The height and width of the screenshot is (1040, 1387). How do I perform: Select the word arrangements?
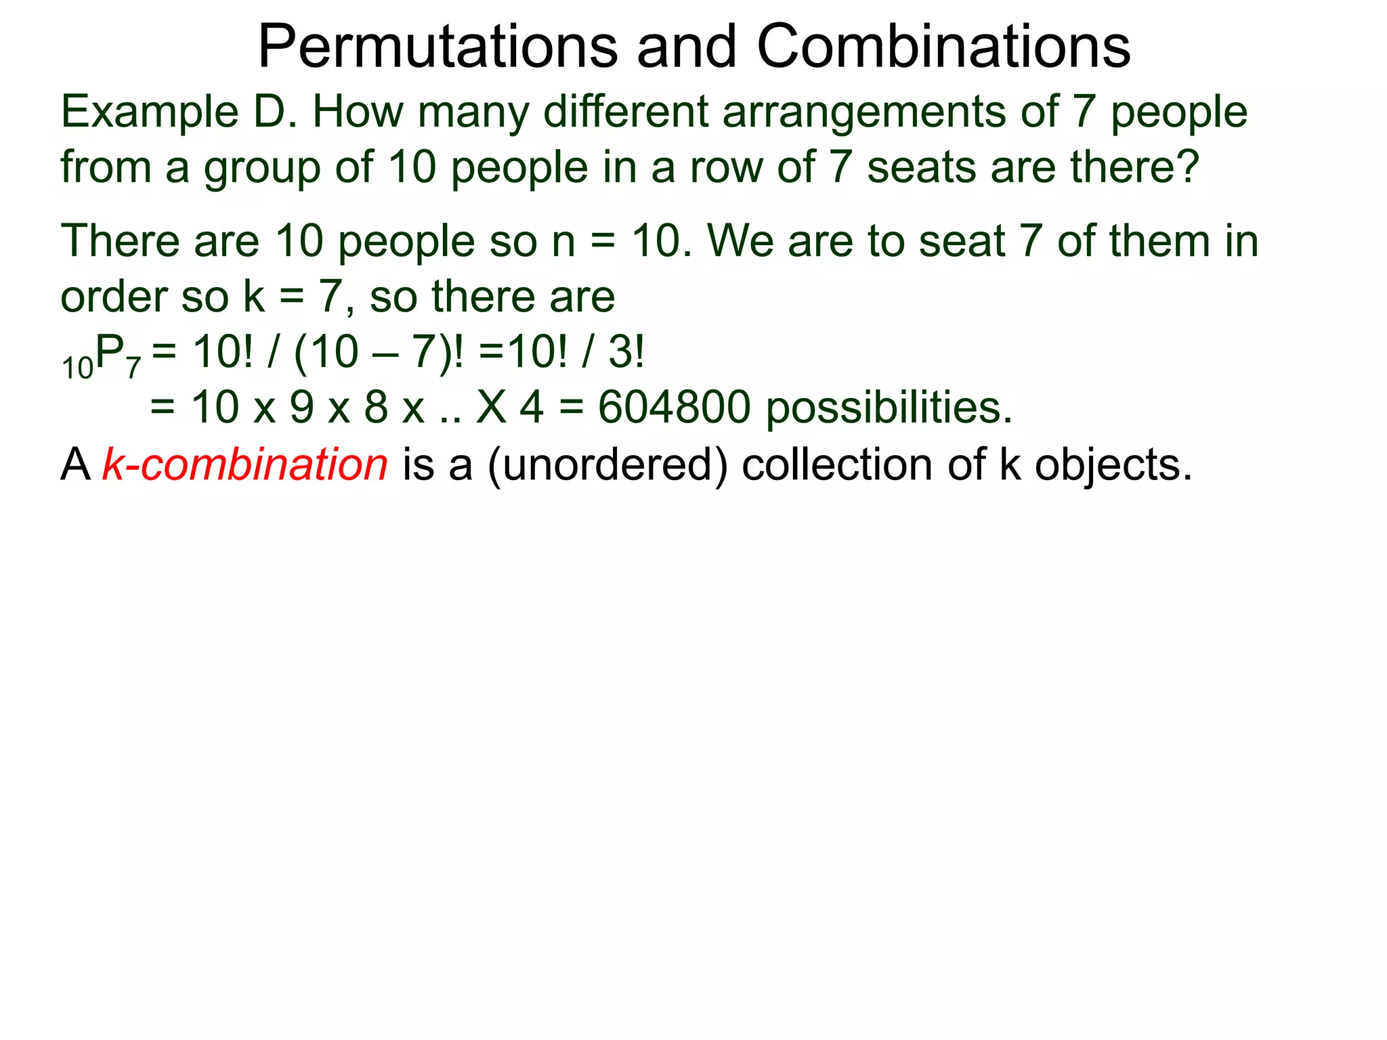[x=863, y=112]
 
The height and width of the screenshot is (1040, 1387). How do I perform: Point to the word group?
[x=262, y=168]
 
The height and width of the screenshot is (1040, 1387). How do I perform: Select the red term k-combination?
[x=245, y=464]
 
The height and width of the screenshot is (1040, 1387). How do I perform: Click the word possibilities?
[x=889, y=408]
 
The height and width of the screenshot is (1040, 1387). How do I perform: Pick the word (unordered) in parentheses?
[x=607, y=466]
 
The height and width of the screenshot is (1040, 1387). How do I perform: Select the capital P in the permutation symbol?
[x=110, y=352]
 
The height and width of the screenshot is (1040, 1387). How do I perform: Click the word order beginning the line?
[x=112, y=297]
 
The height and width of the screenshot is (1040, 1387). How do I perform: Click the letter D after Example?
[x=274, y=112]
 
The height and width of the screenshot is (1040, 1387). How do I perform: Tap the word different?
[x=625, y=112]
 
